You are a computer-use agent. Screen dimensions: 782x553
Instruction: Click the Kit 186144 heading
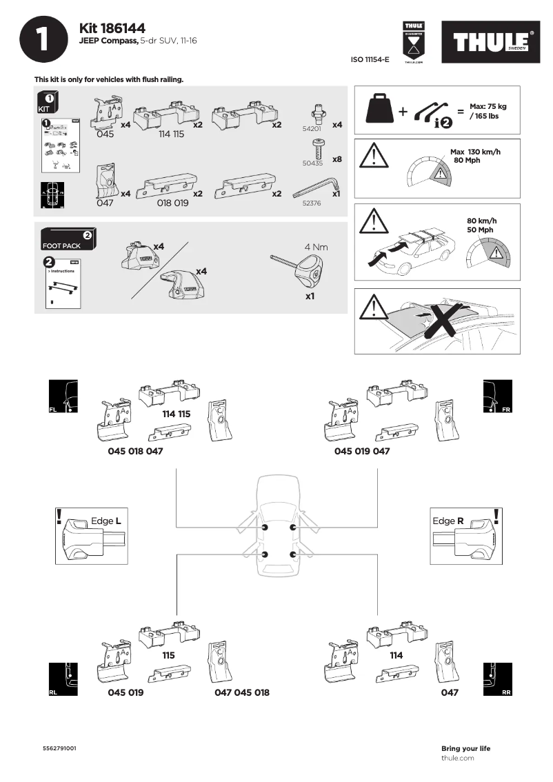click(x=112, y=28)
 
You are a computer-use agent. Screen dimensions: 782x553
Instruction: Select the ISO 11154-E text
click(x=370, y=60)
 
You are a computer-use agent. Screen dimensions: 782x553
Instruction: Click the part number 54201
click(x=312, y=128)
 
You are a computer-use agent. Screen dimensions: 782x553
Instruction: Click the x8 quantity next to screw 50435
click(x=336, y=159)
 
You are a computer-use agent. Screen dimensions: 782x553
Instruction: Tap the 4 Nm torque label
click(x=316, y=247)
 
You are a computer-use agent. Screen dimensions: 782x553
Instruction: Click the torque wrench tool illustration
click(x=301, y=270)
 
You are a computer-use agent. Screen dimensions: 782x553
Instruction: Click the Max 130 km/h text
click(x=475, y=152)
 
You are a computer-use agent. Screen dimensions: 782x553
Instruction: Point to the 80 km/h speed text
click(x=481, y=221)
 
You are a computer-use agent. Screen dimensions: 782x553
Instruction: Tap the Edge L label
click(x=106, y=521)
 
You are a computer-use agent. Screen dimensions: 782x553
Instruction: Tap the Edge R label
click(x=448, y=521)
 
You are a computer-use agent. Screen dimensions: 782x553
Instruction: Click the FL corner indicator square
click(x=63, y=397)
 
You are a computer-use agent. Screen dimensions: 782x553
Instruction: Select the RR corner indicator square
click(x=497, y=679)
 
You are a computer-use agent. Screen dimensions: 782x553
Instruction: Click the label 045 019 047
click(x=362, y=451)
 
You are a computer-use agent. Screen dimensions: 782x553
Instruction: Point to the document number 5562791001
click(x=59, y=748)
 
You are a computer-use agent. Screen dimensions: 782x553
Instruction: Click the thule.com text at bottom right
click(x=457, y=758)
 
